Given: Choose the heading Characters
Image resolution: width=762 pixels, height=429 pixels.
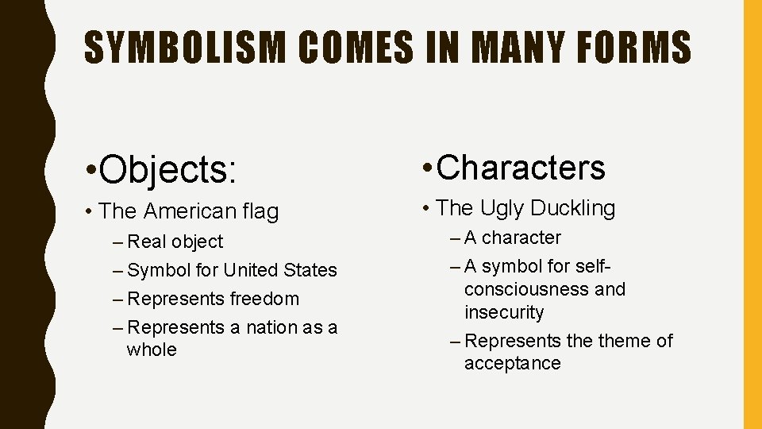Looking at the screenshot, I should coord(521,167).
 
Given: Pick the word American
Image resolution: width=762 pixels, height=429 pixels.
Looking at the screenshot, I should coord(187,211).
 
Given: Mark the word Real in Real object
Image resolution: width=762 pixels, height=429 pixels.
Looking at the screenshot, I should coord(146,242).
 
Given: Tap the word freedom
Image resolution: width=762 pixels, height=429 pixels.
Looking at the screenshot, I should coord(265,299).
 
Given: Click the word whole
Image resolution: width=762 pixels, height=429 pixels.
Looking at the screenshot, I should coord(152,350).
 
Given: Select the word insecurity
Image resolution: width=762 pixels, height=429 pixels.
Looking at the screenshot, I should coord(504,312).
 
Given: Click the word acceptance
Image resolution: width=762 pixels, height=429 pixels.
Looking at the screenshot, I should coord(512,363).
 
